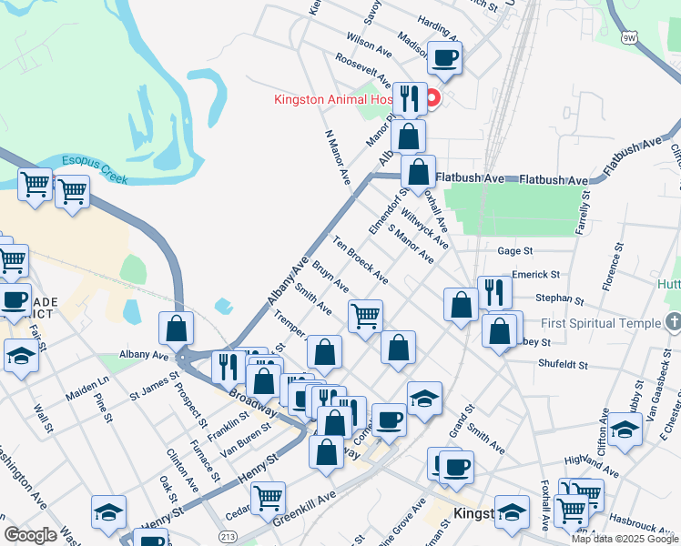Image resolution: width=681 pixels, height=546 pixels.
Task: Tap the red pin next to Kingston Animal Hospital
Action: point(433,97)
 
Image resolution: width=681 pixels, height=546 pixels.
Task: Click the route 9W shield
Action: point(629,37)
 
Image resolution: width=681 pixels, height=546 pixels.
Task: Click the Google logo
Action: point(30,535)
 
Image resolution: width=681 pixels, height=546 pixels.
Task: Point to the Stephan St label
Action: point(559,298)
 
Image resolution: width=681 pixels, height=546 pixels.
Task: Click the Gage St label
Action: point(514,250)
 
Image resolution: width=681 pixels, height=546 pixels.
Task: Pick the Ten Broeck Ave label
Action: point(361,261)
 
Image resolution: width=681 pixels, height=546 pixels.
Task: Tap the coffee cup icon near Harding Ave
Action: point(444,59)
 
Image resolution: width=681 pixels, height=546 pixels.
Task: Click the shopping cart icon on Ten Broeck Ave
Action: point(365,317)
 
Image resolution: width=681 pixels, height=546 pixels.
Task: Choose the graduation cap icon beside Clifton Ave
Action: point(625,430)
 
